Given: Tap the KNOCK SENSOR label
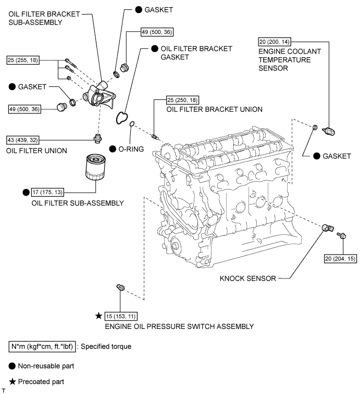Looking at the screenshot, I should pyautogui.click(x=247, y=278).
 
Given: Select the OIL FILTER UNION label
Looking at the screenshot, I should pyautogui.click(x=36, y=151).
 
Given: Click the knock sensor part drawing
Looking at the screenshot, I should pyautogui.click(x=327, y=227).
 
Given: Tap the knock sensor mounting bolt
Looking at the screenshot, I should pyautogui.click(x=342, y=235).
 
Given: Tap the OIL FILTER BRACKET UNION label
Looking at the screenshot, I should pyautogui.click(x=214, y=109).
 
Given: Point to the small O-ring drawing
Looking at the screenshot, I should pyautogui.click(x=132, y=124).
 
